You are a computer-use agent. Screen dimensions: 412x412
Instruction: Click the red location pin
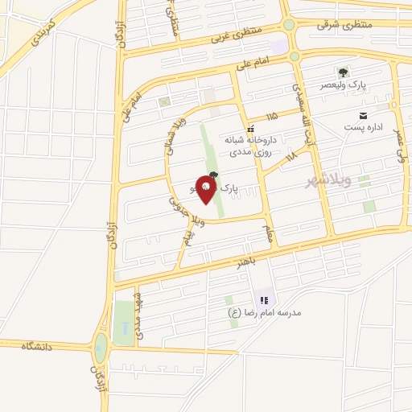click(207, 191)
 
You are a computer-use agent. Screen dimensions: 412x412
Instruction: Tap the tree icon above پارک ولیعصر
click(343, 72)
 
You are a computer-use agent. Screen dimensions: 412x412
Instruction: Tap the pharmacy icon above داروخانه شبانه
click(250, 127)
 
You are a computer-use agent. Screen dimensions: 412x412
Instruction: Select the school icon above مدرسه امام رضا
click(263, 300)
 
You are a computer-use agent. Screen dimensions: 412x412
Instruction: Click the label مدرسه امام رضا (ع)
click(263, 312)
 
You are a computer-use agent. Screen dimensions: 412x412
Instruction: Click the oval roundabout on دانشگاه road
click(101, 349)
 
